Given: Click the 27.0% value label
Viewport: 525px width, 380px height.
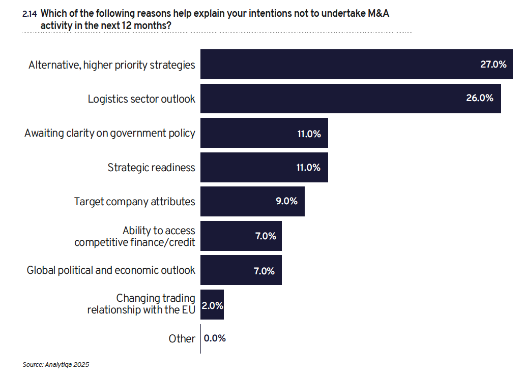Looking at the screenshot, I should pyautogui.click(x=493, y=65).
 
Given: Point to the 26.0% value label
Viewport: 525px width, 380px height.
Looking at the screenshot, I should pyautogui.click(x=479, y=99).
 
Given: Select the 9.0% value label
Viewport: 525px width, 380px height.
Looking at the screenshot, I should pyautogui.click(x=286, y=202).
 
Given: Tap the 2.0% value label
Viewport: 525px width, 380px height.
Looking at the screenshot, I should pyautogui.click(x=213, y=306).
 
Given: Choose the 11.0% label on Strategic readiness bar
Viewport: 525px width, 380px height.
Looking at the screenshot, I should pyautogui.click(x=308, y=168).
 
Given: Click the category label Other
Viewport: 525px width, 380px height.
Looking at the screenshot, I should pyautogui.click(x=182, y=339).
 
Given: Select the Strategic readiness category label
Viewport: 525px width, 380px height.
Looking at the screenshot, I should pyautogui.click(x=151, y=168).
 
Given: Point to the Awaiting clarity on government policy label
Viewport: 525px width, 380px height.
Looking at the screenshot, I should pyautogui.click(x=109, y=133).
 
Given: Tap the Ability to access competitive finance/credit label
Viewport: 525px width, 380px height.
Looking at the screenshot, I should pyautogui.click(x=135, y=237).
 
